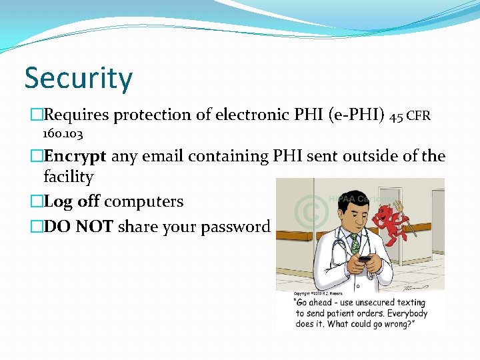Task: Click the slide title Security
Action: pyautogui.click(x=79, y=79)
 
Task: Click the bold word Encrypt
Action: pyautogui.click(x=75, y=156)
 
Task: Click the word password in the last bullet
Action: pyautogui.click(x=237, y=227)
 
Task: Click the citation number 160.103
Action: pyautogui.click(x=63, y=135)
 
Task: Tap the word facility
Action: pyautogui.click(x=68, y=177)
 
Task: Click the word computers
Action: pyautogui.click(x=144, y=202)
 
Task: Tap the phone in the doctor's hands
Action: pyautogui.click(x=365, y=259)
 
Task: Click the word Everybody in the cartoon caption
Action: pyautogui.click(x=402, y=313)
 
